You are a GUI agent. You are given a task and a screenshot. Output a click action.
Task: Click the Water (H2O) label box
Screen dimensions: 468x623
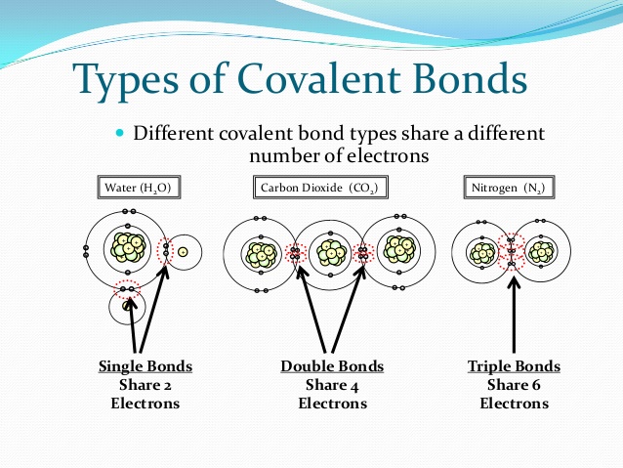coord(142,187)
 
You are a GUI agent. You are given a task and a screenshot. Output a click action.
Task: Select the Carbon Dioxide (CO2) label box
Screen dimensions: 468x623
coord(318,187)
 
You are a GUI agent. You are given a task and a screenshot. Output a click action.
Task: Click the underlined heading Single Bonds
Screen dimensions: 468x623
coord(145,366)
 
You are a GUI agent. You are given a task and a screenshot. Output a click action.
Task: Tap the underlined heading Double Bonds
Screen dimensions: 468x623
coord(332,366)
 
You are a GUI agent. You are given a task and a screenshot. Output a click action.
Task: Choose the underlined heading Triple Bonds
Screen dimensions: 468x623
coord(515,366)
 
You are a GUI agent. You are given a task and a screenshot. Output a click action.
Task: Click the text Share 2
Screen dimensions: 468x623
coord(145,384)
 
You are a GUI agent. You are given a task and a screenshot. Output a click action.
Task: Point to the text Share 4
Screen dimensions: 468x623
coord(332,384)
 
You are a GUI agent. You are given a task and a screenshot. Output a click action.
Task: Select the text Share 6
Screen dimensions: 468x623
coord(515,384)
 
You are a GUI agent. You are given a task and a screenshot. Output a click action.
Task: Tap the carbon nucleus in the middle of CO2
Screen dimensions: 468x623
coord(329,253)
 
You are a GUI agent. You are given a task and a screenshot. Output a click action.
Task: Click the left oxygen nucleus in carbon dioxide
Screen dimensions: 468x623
coord(259,253)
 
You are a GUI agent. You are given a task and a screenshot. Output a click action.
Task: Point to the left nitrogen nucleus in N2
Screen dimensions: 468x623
coord(482,253)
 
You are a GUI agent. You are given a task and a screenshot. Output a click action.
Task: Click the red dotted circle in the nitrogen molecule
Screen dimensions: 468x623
coord(511,252)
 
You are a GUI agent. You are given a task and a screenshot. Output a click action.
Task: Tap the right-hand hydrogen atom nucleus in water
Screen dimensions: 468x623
coord(183,251)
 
